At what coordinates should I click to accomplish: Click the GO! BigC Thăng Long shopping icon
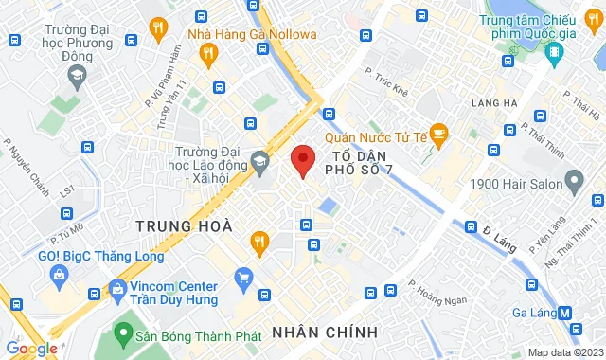(59, 276)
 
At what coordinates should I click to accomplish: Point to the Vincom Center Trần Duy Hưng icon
(116, 286)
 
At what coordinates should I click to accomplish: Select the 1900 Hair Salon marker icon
(574, 180)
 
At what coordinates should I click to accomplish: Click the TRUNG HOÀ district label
(171, 225)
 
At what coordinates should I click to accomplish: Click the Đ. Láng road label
(500, 236)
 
